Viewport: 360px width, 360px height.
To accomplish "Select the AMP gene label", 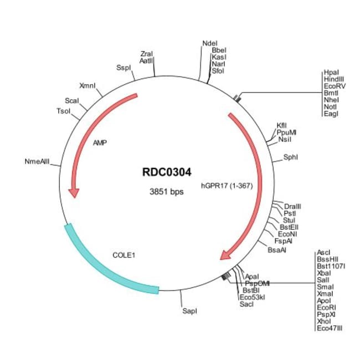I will [x=100, y=142].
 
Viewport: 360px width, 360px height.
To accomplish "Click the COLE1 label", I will [x=124, y=255].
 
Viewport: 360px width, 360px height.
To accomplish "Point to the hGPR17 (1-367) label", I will [x=227, y=186].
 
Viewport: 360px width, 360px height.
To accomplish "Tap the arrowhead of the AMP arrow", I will [x=73, y=192].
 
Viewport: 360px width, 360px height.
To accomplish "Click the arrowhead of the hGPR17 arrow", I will [x=227, y=254].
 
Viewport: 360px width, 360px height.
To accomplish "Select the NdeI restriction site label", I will [x=210, y=43].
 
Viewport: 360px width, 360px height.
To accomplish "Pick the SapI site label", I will [x=189, y=311].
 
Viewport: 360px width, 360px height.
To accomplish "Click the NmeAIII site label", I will [x=37, y=162].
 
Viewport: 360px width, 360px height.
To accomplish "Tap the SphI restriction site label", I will [x=291, y=157].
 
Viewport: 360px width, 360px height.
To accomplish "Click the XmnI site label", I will [x=88, y=86].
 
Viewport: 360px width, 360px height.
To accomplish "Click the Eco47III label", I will [x=330, y=328].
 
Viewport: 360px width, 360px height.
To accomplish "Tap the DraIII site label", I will [x=292, y=206].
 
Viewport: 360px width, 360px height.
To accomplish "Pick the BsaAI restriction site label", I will [x=277, y=250].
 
